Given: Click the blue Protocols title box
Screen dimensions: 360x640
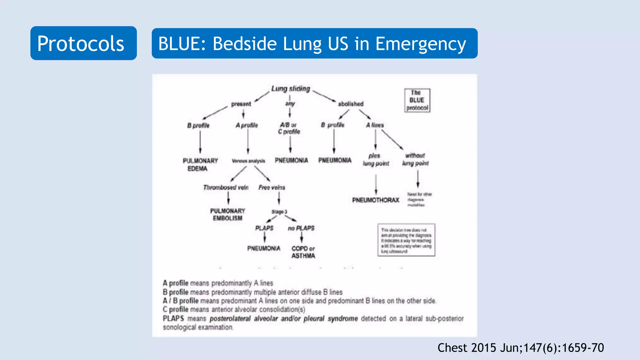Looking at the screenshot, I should (83, 43).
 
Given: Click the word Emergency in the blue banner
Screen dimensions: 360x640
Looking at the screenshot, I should (421, 44).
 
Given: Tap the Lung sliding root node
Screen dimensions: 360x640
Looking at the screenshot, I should (290, 89).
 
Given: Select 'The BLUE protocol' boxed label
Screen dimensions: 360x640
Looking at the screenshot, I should (417, 100).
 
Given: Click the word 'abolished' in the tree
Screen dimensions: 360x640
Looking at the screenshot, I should (351, 104).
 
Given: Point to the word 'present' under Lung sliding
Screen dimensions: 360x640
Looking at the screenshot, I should (241, 104).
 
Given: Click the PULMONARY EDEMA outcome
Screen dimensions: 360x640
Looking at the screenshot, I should (200, 164).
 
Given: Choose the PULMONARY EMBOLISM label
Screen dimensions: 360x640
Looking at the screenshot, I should (227, 214).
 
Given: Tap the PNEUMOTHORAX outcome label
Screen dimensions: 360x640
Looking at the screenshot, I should (376, 200).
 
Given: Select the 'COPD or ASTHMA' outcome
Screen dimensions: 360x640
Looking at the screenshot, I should (303, 252).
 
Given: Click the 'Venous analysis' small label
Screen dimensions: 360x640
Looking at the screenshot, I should (248, 161).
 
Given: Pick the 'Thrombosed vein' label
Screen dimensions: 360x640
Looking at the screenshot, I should (226, 187).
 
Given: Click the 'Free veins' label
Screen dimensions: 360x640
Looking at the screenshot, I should (272, 187).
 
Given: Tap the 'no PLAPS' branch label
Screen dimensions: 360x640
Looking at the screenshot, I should (301, 228).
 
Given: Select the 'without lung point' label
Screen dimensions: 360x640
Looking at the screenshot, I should (415, 159).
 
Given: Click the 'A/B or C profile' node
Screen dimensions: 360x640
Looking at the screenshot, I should (289, 128).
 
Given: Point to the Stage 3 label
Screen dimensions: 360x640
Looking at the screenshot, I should (279, 212).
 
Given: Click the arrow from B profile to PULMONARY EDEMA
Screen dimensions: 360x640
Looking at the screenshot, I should (200, 142).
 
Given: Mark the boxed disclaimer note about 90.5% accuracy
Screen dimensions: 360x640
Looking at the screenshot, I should (406, 240).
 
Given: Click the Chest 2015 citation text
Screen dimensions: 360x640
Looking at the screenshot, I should (520, 348).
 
